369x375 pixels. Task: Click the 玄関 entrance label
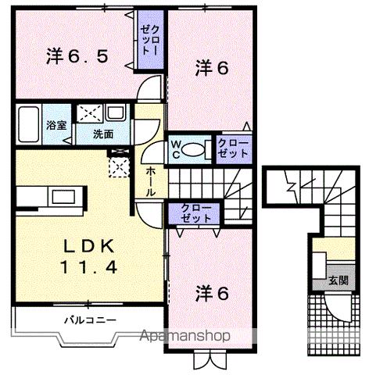click(338, 280)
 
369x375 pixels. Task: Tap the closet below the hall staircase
click(194, 213)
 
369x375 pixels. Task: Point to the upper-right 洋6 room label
click(211, 69)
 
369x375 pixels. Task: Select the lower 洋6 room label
click(211, 294)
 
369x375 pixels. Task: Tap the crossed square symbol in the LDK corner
click(120, 166)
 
